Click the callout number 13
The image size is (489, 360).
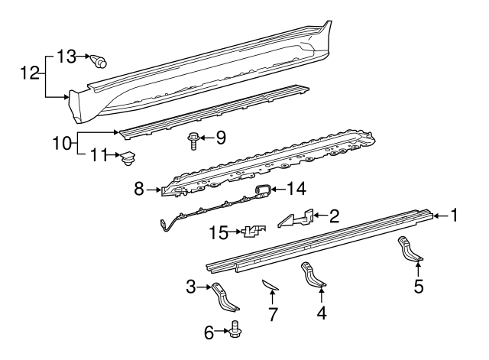coord(66,57)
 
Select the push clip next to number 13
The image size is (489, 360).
coord(99,61)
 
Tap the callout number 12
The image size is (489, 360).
coord(30,73)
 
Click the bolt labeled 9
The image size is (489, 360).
coord(193,141)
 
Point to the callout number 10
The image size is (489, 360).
coord(63,144)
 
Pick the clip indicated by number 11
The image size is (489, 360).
coord(128,158)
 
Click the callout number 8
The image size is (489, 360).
coord(139,189)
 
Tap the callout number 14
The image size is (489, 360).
coord(296,189)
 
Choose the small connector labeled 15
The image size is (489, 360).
coord(253,232)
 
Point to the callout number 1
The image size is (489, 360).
coord(454,216)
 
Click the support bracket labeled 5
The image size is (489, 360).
coord(410,248)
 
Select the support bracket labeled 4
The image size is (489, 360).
coord(313,275)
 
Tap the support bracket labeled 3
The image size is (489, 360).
coord(225,297)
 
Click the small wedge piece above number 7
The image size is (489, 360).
coord(269,284)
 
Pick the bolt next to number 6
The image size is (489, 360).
coord(236,330)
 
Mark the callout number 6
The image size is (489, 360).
coord(209,332)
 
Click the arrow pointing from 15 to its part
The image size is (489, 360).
coord(235,232)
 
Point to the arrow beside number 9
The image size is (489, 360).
coord(206,138)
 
